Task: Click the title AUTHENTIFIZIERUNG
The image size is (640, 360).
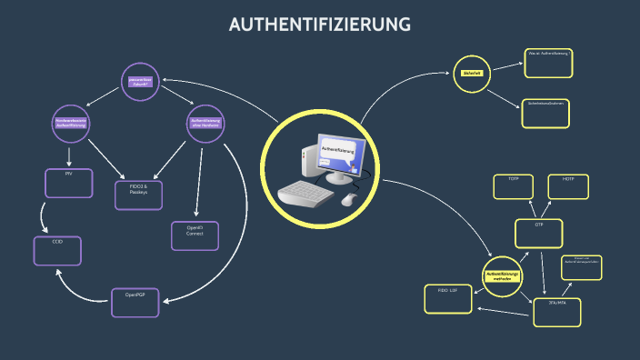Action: pos(320,25)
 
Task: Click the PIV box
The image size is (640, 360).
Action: pos(68,183)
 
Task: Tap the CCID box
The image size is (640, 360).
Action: pos(57,250)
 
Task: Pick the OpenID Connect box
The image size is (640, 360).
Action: pos(195,235)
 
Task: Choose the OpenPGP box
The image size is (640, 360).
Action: pos(135,302)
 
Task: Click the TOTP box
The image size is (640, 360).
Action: pos(513,185)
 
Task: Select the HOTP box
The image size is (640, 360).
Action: pos(568,185)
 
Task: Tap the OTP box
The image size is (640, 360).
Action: pos(538,232)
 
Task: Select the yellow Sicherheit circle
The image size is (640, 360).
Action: pos(472,72)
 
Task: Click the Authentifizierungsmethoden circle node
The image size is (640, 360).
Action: pos(503,276)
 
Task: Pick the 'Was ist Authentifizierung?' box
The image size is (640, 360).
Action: pos(548,63)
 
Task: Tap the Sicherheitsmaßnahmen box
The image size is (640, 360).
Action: pos(545,113)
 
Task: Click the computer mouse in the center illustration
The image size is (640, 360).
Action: pos(350,199)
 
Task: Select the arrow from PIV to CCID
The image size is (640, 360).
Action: pos(43,217)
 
